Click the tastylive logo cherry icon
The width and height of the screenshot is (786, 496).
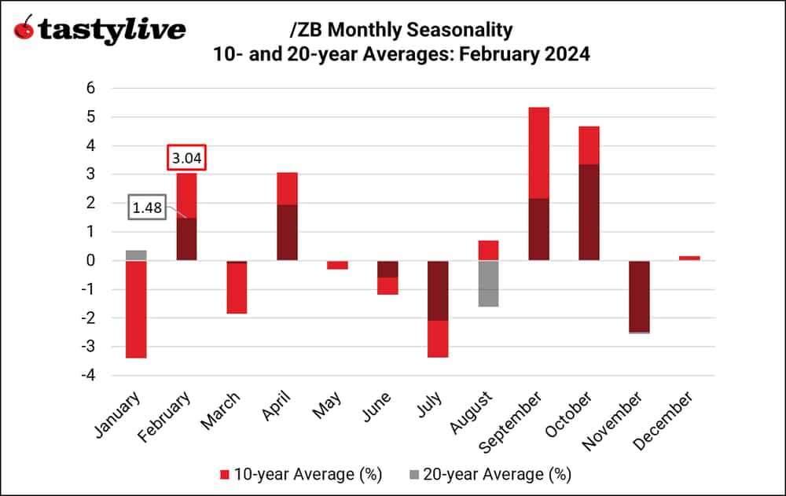pyautogui.click(x=24, y=30)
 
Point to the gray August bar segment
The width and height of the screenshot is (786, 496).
pyautogui.click(x=487, y=284)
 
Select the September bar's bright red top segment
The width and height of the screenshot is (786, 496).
pyautogui.click(x=538, y=152)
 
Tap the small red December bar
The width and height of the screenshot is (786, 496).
pyautogui.click(x=689, y=258)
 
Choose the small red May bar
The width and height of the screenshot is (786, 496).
pyautogui.click(x=336, y=265)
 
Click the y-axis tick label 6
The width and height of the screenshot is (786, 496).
pyautogui.click(x=90, y=88)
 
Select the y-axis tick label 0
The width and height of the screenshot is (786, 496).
pyautogui.click(x=90, y=260)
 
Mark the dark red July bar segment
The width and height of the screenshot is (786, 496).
pyautogui.click(x=437, y=291)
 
